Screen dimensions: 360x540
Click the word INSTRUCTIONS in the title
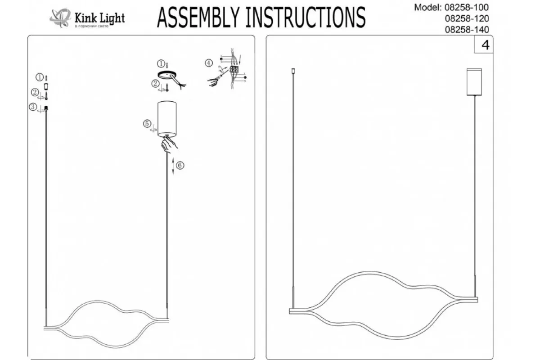pos(306,18)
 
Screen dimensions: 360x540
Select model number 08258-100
pos(466,7)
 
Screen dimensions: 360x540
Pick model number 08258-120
pos(466,18)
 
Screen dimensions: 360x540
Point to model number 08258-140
pos(466,30)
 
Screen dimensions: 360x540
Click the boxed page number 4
pos(485,45)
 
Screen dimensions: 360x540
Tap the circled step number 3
pos(33,107)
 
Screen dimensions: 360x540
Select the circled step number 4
pos(208,63)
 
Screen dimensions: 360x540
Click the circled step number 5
pos(147,123)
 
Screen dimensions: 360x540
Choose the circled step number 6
pos(180,165)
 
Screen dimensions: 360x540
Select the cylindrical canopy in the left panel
pos(167,118)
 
